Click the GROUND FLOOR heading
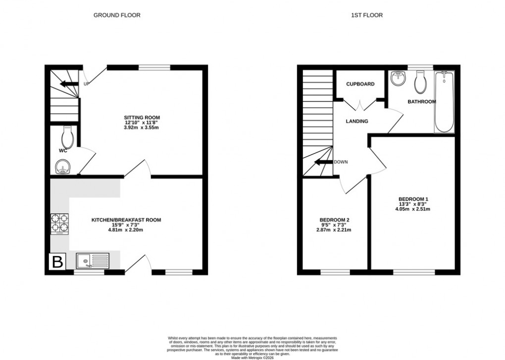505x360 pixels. pyautogui.click(x=117, y=15)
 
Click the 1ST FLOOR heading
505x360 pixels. pyautogui.click(x=367, y=15)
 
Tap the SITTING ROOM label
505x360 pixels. pyautogui.click(x=142, y=117)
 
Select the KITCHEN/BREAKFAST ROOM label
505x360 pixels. pyautogui.click(x=126, y=220)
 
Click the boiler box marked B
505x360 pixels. pyautogui.click(x=57, y=262)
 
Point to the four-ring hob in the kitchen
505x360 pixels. pyautogui.click(x=59, y=223)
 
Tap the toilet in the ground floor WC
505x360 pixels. pyautogui.click(x=68, y=136)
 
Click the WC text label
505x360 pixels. pyautogui.click(x=63, y=150)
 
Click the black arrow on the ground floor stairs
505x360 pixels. pyautogui.click(x=68, y=84)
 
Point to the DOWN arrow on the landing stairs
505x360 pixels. pyautogui.click(x=322, y=162)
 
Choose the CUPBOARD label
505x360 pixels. pyautogui.click(x=360, y=84)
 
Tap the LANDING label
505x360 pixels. pyautogui.click(x=357, y=121)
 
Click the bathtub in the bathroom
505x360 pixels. pyautogui.click(x=444, y=102)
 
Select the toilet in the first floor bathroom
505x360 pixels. pyautogui.click(x=421, y=83)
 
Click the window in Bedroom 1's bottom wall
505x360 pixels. pyautogui.click(x=414, y=271)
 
